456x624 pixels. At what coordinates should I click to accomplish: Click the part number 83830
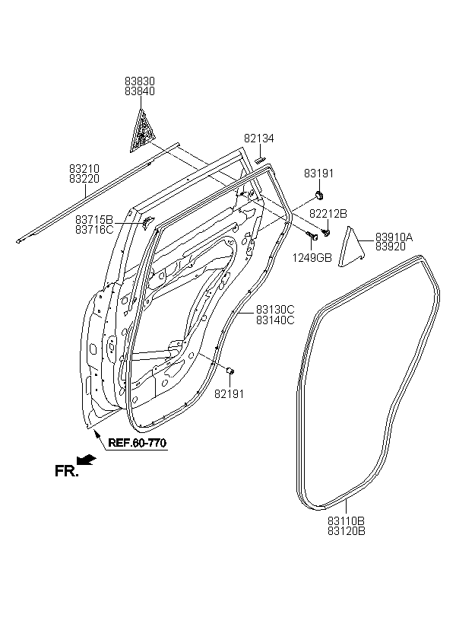(140, 81)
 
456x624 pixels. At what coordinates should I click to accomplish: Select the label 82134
(259, 138)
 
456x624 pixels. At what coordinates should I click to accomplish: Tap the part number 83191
(319, 174)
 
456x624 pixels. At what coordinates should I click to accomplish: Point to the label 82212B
(328, 214)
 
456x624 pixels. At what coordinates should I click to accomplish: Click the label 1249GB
(312, 258)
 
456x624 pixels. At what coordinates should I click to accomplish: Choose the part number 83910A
(394, 237)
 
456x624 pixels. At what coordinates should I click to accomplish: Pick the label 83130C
(275, 310)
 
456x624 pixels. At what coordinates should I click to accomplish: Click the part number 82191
(229, 394)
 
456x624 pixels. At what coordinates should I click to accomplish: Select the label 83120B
(347, 531)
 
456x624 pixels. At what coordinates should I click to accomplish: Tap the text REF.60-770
(137, 443)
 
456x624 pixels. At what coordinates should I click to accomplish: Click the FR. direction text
(66, 472)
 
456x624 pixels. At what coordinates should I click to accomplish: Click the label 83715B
(94, 220)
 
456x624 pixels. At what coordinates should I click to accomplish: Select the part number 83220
(84, 179)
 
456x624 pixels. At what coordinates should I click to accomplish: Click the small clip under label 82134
(259, 160)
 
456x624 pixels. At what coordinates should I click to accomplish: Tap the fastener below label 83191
(319, 195)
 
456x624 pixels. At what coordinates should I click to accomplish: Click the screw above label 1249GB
(312, 237)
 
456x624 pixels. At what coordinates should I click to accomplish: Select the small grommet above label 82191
(230, 371)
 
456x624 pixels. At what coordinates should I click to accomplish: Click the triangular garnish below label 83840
(141, 131)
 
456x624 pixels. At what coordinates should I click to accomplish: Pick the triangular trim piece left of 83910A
(351, 247)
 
